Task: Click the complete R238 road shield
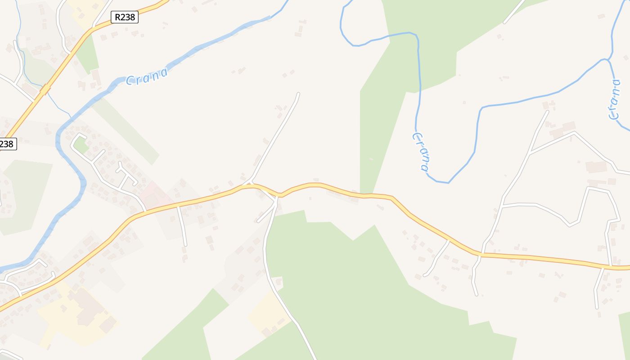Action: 125,17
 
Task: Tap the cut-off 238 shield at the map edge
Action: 8,144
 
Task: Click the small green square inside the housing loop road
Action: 81,145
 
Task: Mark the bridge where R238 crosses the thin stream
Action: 45,90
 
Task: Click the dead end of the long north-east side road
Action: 298,94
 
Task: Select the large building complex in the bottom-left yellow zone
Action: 90,310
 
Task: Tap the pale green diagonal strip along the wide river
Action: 126,130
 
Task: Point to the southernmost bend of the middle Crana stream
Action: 443,182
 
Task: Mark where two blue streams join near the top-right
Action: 608,59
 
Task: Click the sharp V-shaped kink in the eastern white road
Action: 570,224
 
